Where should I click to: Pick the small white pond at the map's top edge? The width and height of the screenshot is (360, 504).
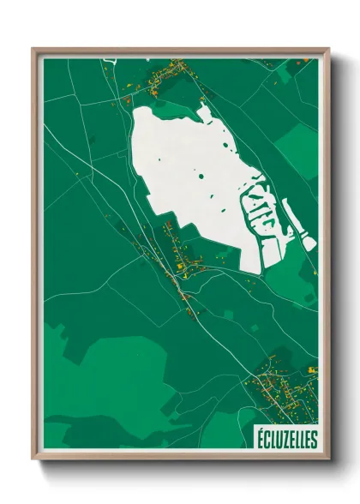[110, 59]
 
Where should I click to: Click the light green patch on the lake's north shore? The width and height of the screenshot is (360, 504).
[171, 107]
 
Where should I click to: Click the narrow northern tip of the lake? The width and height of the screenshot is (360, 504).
[203, 109]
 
